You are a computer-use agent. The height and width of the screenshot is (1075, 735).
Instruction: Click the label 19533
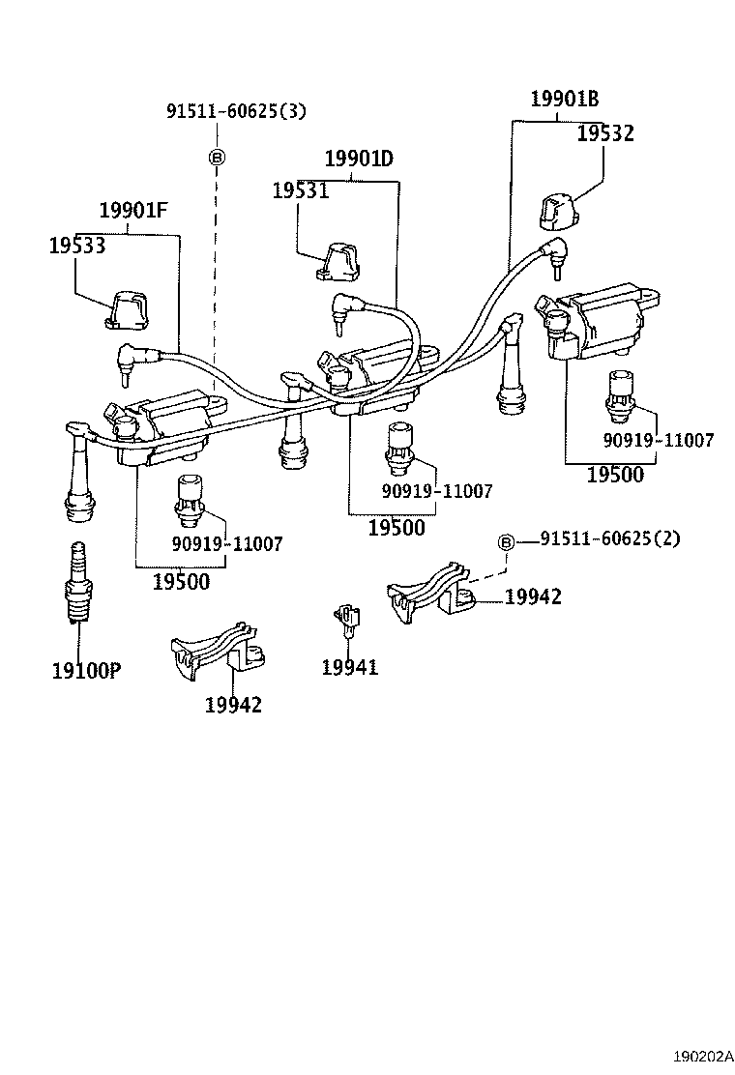tap(76, 247)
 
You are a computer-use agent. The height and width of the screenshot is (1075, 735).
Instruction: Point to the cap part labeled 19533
tap(126, 309)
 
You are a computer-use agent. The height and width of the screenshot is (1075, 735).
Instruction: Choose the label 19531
tap(300, 191)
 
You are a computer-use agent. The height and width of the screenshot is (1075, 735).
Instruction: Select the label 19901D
tap(359, 159)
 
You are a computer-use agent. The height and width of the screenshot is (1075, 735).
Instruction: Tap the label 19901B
tap(564, 99)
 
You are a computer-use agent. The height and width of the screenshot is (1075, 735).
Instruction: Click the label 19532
tap(605, 134)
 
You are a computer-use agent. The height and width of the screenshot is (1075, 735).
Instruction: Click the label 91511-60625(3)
tap(236, 111)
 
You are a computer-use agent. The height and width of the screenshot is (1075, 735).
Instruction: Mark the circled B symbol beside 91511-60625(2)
tap(506, 542)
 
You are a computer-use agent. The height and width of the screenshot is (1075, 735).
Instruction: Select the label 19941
tap(350, 667)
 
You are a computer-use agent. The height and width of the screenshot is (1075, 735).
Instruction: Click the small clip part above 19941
tap(346, 619)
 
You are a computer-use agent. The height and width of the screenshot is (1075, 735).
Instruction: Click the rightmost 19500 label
tap(614, 475)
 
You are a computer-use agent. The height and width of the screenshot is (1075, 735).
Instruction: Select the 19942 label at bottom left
tap(233, 705)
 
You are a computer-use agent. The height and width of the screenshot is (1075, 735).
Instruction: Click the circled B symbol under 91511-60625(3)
tap(217, 156)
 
